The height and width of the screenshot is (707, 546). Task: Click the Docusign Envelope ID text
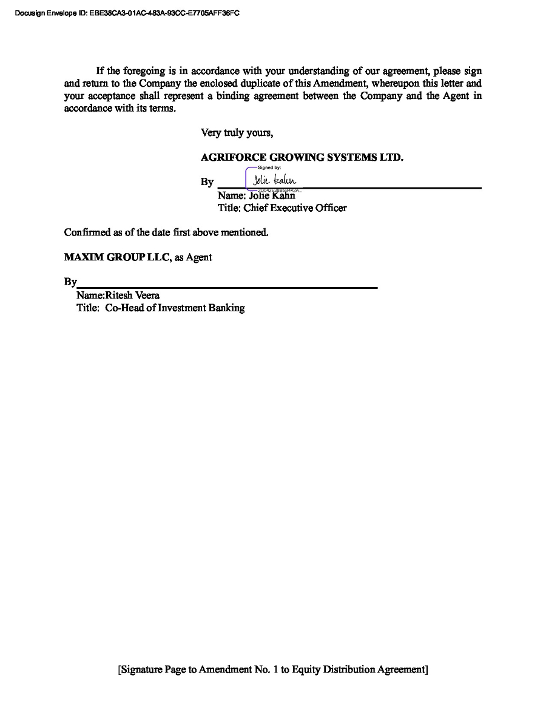[127, 13]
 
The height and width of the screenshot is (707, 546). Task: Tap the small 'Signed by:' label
[269, 167]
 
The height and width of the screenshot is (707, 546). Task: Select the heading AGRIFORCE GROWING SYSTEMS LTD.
[302, 157]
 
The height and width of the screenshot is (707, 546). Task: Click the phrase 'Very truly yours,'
[237, 133]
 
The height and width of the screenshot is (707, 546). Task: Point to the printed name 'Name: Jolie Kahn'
[256, 195]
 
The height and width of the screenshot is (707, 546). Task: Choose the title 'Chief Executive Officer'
[295, 208]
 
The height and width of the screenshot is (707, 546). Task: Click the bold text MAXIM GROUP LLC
[117, 257]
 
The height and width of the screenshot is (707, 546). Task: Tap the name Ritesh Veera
[132, 296]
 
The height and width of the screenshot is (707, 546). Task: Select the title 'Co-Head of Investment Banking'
[175, 308]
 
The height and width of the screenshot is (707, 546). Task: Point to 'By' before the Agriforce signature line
[207, 182]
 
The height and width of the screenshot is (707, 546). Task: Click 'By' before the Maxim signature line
[70, 282]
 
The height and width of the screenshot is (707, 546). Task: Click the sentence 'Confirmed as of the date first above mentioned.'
[166, 232]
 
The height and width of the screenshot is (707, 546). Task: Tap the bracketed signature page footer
[273, 670]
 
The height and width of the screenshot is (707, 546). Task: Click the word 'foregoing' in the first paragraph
[144, 71]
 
